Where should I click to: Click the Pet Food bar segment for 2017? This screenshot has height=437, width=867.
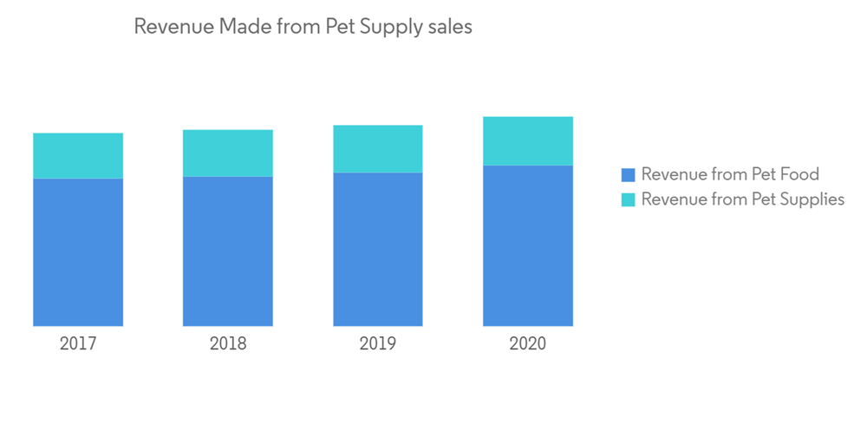78,252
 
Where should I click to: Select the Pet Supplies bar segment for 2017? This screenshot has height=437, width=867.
78,155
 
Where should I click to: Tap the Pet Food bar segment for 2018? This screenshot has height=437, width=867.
228,251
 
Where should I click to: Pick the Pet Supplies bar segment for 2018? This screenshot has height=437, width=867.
228,153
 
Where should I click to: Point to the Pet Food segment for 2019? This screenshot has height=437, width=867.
378,250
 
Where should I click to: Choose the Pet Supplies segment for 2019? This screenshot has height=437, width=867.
378,148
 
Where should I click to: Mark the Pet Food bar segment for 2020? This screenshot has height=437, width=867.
528,245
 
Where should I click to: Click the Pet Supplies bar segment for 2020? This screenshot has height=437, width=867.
528,140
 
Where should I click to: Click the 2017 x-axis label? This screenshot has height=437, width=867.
78,343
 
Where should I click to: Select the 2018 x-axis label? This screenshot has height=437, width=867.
228,343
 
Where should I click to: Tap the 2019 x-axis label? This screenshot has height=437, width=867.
378,343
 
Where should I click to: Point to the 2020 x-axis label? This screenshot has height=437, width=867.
528,343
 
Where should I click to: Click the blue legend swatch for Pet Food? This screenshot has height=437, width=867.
629,175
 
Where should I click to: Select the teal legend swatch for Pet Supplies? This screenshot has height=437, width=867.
629,200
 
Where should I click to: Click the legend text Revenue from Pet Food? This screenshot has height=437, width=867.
730,175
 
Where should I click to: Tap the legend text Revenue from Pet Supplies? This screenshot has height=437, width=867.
743,200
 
